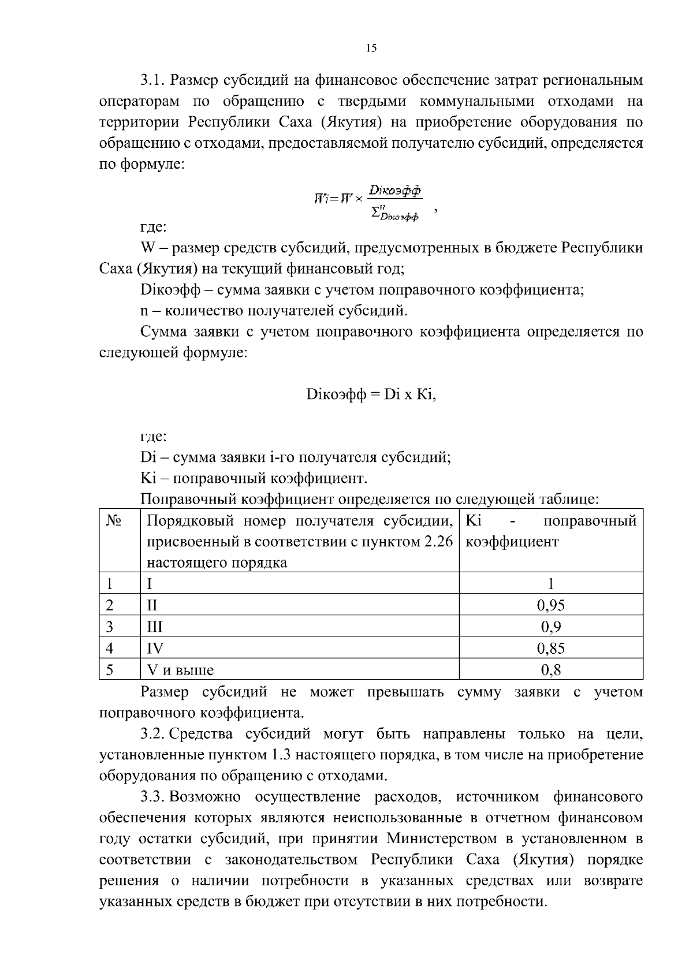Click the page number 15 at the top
[x=371, y=48]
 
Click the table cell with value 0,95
[x=550, y=605]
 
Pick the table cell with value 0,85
[x=550, y=649]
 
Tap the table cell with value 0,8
[x=550, y=670]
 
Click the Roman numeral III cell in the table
[x=155, y=627]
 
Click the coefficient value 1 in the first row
[x=550, y=584]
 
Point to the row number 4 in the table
[x=110, y=649]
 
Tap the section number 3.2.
[x=154, y=734]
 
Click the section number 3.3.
[x=154, y=797]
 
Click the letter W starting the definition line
[x=148, y=248]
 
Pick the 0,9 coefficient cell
[x=550, y=627]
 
